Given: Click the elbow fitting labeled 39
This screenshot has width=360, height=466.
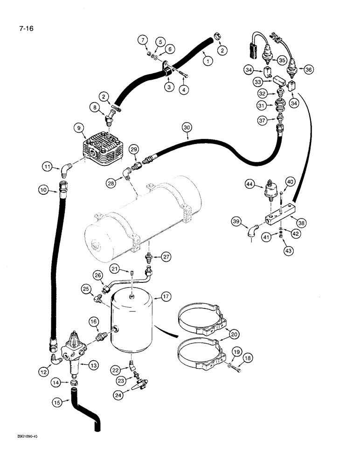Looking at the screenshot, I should click(253, 231).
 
